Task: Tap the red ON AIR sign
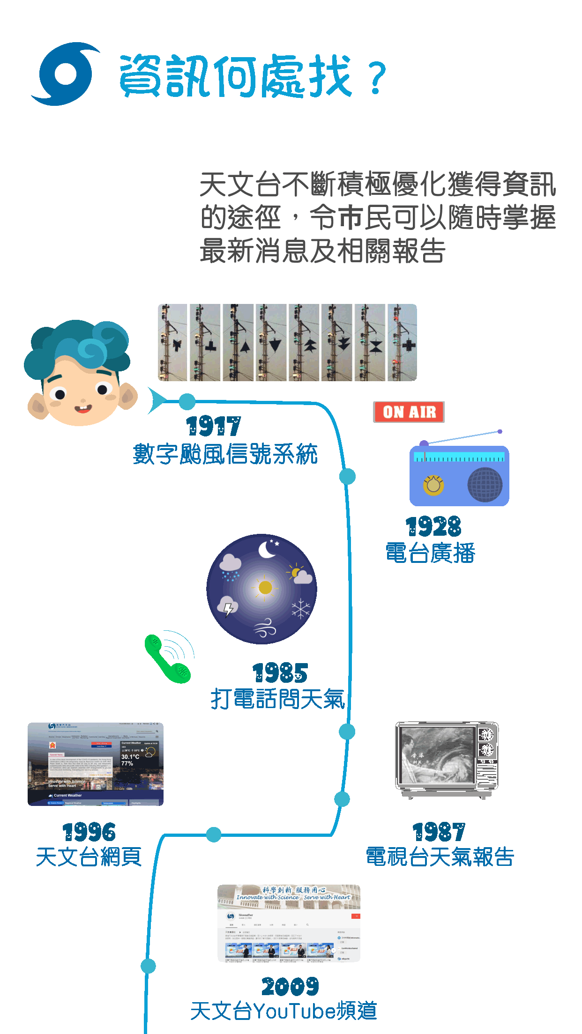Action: [x=409, y=412]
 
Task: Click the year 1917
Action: [x=214, y=426]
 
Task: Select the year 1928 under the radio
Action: [x=433, y=527]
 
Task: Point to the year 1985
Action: [x=280, y=673]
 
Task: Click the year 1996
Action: [x=89, y=832]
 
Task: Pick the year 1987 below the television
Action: [x=439, y=832]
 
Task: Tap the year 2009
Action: [x=290, y=987]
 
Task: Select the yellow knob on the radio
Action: [x=433, y=485]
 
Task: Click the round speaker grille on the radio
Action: [x=485, y=485]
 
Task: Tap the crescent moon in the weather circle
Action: [x=267, y=549]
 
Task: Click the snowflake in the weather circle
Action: [x=301, y=609]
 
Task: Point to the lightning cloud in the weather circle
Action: [x=228, y=606]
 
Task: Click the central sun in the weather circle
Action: [x=265, y=587]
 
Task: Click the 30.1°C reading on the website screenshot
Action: [x=130, y=757]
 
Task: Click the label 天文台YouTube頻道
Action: [x=284, y=1011]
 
